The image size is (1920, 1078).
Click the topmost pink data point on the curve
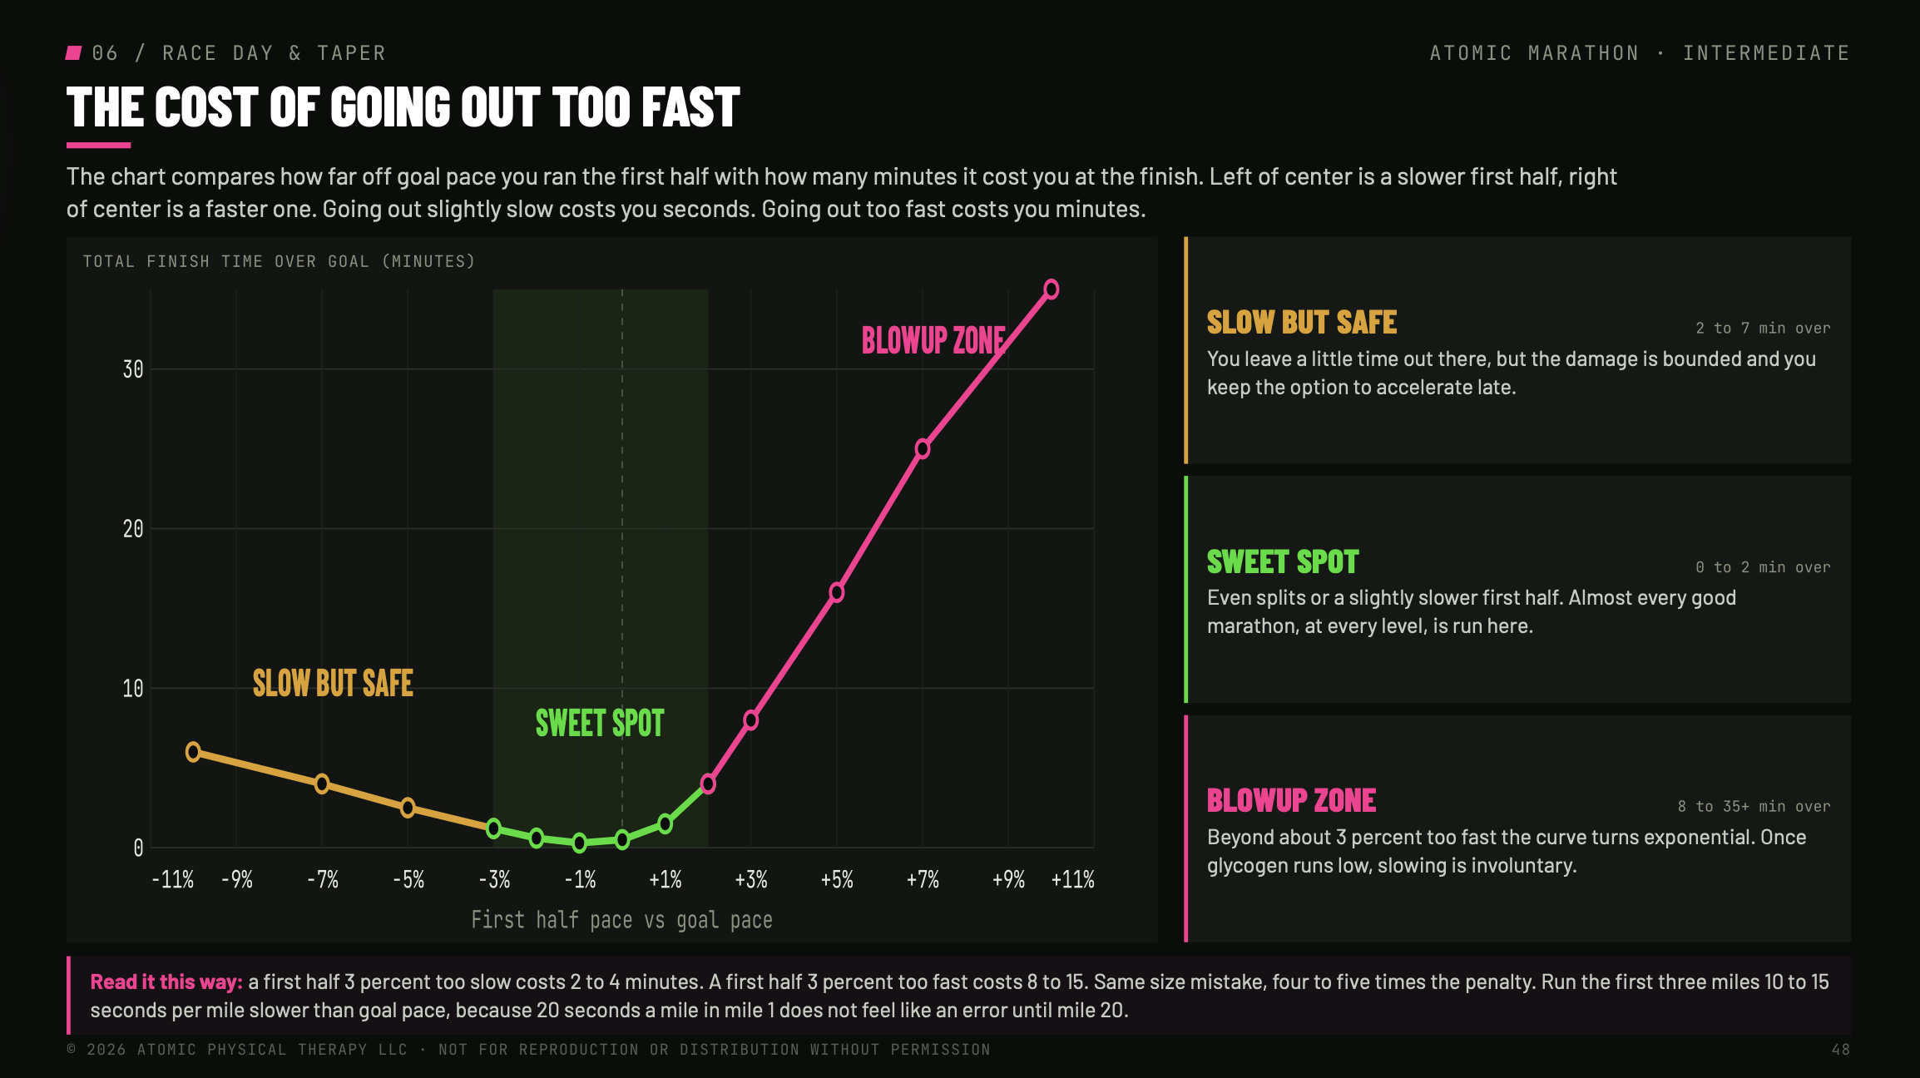[1051, 289]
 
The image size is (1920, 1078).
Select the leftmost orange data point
[193, 752]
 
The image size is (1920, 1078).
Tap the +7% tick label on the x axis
[923, 880]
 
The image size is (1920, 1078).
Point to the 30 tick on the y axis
[133, 369]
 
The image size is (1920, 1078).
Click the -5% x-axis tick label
[408, 880]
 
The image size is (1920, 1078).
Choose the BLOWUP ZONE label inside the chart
[933, 340]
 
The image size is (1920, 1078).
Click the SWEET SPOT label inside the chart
[600, 724]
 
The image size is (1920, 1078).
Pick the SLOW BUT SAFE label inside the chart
[333, 684]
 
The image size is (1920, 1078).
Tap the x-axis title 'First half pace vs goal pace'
[621, 920]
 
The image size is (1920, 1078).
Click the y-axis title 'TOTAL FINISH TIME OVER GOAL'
[279, 261]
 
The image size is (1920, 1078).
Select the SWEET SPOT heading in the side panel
[1283, 562]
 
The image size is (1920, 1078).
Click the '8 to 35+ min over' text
[1754, 806]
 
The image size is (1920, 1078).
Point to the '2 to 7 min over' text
[1763, 328]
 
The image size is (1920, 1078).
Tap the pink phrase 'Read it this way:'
[166, 982]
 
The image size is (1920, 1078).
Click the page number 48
[1841, 1050]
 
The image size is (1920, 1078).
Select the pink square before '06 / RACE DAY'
[74, 53]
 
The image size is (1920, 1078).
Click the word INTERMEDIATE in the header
[1766, 53]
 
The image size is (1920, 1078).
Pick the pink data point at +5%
[837, 592]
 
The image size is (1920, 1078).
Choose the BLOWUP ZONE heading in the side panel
[1291, 801]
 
